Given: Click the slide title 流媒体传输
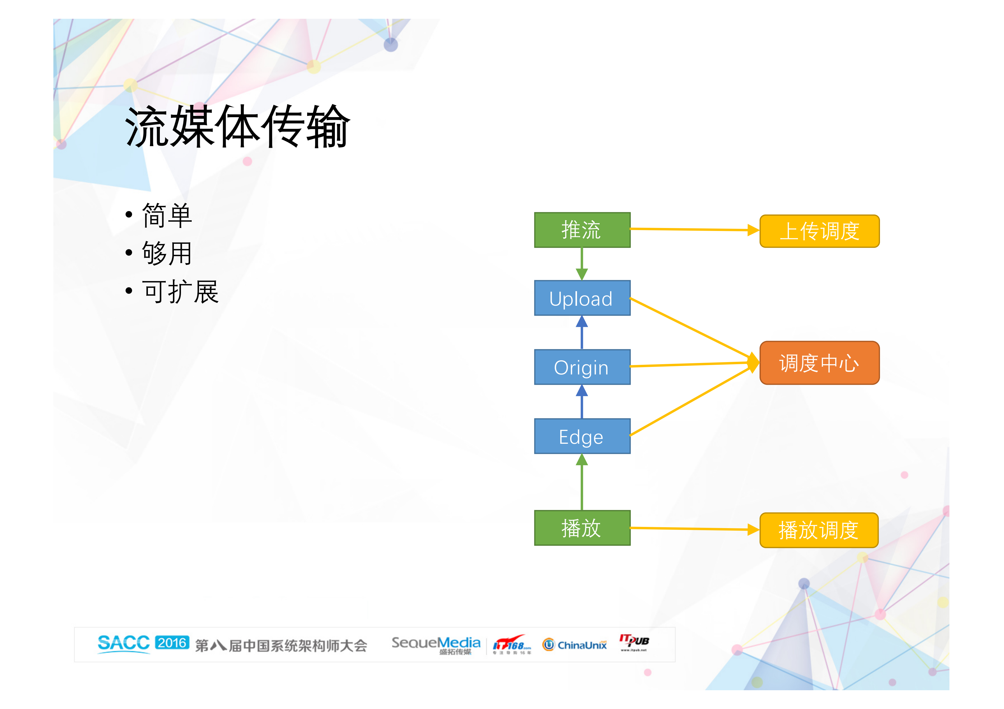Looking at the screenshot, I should click(x=237, y=127).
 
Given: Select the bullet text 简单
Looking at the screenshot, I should click(x=167, y=216).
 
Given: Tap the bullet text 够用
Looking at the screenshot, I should click(x=167, y=254).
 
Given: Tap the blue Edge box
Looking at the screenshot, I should click(x=582, y=437).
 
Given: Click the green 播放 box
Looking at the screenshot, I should click(x=582, y=528).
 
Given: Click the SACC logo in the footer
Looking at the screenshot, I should click(x=124, y=644).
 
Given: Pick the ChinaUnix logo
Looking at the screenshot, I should click(x=575, y=645).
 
